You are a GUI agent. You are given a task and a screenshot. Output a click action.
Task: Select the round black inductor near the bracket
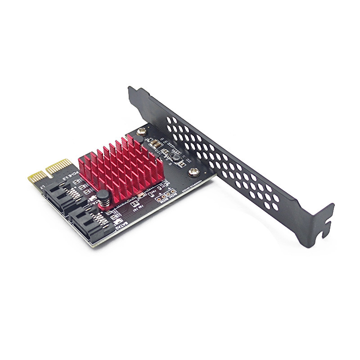tap(175, 157)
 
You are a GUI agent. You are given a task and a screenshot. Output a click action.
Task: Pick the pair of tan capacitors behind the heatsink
tap(154, 144)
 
